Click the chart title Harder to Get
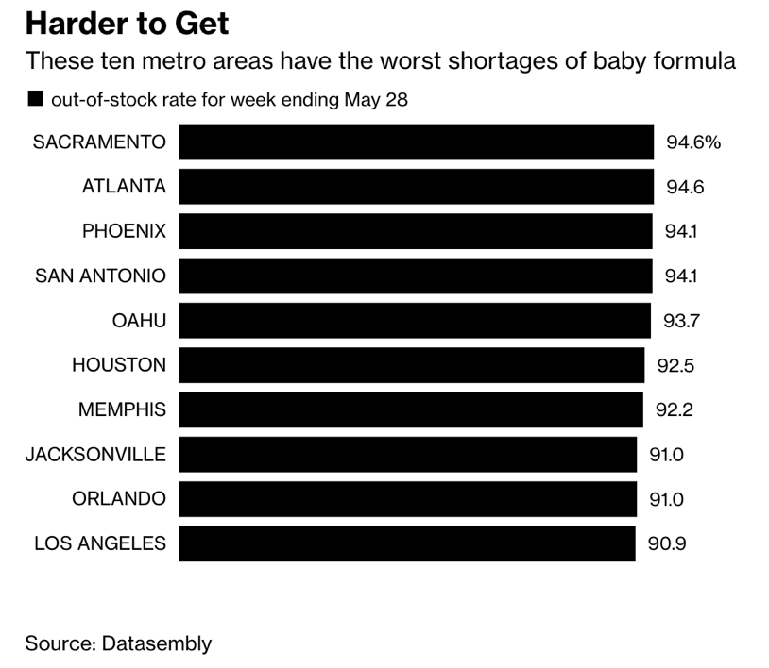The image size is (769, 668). point(127,23)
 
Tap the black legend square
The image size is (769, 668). point(36,98)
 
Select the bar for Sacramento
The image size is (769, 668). point(416,142)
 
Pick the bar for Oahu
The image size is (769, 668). point(415,321)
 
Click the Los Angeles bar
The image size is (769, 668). point(407,543)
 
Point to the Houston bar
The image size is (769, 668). point(412,365)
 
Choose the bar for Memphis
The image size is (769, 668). point(411,409)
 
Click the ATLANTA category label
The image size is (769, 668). point(124,187)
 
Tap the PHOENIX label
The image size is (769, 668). point(124,231)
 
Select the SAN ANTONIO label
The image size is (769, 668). point(100,276)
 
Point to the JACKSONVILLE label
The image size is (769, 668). point(95,455)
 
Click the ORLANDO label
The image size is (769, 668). point(119,499)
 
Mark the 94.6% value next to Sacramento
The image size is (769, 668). point(693,142)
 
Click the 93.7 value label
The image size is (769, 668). point(681,321)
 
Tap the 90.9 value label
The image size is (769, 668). point(668,543)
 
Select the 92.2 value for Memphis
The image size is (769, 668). point(675,409)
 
